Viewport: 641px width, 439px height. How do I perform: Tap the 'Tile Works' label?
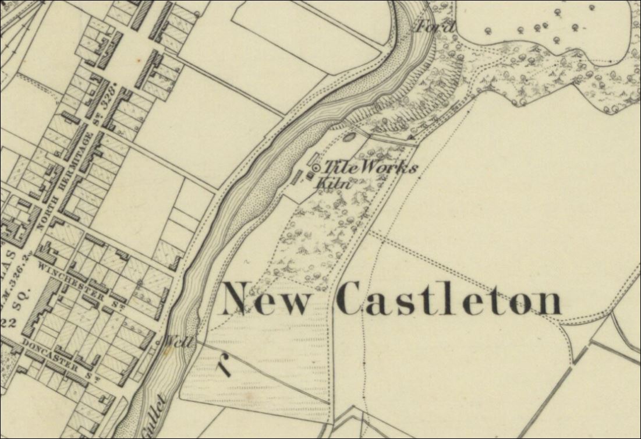[370, 168]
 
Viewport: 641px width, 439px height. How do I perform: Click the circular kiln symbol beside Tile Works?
[316, 168]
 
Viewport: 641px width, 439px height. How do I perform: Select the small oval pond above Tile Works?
[350, 138]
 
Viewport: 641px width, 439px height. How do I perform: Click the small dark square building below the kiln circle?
[310, 176]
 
